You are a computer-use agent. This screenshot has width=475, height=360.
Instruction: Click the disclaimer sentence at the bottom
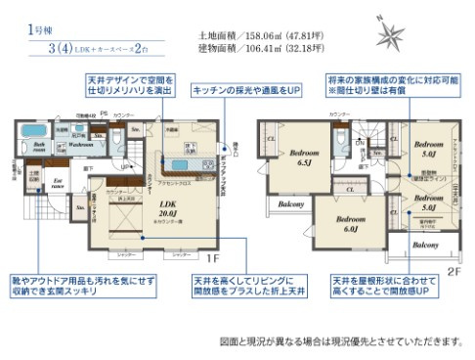tap(343, 342)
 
